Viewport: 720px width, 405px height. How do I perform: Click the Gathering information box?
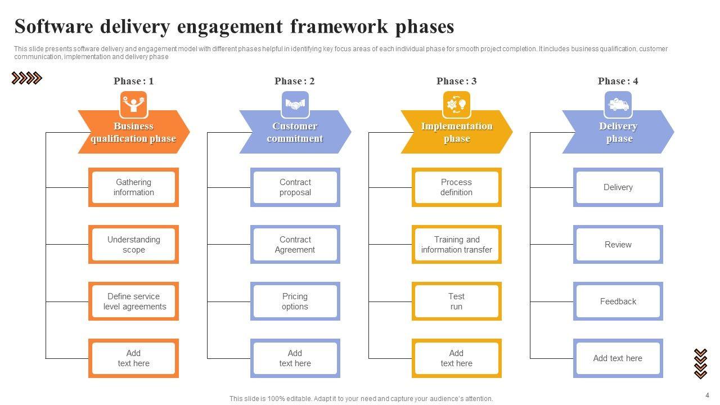tap(133, 187)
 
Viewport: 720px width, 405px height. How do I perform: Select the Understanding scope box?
tap(133, 244)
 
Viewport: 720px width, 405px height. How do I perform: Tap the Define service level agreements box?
tap(133, 301)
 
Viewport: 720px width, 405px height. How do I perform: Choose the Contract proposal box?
tap(295, 187)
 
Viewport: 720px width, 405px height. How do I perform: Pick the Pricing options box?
tap(295, 301)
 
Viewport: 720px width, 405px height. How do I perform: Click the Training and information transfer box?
tap(456, 244)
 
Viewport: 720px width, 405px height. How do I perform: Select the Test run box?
tap(456, 301)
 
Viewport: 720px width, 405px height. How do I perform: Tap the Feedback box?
tap(618, 301)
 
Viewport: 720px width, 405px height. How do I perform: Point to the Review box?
tap(618, 244)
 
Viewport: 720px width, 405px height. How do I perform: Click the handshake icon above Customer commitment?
tap(295, 105)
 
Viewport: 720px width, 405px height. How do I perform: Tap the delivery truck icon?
tap(618, 105)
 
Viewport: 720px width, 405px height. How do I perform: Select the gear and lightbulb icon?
tap(457, 105)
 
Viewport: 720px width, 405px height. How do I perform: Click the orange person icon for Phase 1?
tap(134, 105)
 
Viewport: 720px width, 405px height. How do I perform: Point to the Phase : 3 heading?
tap(456, 81)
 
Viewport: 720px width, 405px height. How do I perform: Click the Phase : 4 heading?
tap(618, 81)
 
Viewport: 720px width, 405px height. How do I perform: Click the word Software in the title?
tap(54, 26)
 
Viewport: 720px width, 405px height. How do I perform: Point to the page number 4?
tap(707, 395)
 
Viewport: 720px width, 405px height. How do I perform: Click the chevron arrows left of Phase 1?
tap(26, 78)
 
